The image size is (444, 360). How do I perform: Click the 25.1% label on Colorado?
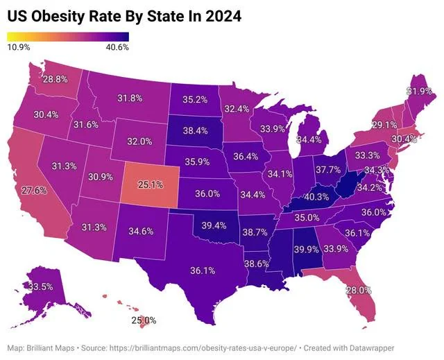pyautogui.click(x=151, y=185)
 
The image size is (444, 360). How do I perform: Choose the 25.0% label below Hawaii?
pyautogui.click(x=144, y=320)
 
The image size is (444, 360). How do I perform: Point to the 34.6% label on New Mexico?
pyautogui.click(x=141, y=229)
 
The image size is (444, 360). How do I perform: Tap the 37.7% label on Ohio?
pyautogui.click(x=328, y=169)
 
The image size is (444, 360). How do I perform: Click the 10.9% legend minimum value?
pyautogui.click(x=19, y=47)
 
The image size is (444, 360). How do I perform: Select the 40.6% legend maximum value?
pyautogui.click(x=117, y=47)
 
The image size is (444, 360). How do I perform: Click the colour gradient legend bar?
pyautogui.click(x=68, y=36)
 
